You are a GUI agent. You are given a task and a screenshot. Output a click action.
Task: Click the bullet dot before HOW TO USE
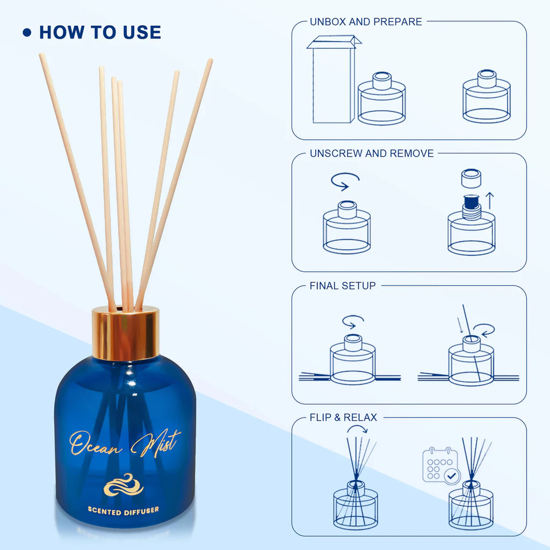pyautogui.click(x=27, y=33)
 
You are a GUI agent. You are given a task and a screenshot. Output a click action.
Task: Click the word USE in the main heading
pyautogui.click(x=142, y=32)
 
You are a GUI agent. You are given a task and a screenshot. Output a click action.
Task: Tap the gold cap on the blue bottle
pyautogui.click(x=126, y=334)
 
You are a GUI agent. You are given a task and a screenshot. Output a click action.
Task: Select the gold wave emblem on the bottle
pyautogui.click(x=124, y=485)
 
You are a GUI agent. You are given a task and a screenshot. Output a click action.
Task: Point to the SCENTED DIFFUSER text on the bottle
pyautogui.click(x=123, y=511)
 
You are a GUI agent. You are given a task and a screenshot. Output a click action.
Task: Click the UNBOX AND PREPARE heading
pyautogui.click(x=366, y=21)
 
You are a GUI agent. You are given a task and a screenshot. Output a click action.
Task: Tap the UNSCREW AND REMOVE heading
pyautogui.click(x=372, y=153)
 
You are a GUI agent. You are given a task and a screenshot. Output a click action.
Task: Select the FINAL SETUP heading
pyautogui.click(x=343, y=286)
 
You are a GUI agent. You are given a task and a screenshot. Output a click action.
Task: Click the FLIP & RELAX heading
pyautogui.click(x=343, y=417)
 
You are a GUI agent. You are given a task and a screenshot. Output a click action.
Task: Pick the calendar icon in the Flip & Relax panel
pyautogui.click(x=441, y=465)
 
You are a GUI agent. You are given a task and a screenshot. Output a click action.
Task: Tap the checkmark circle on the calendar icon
pyautogui.click(x=452, y=476)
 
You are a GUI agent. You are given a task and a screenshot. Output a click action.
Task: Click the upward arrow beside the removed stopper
pyautogui.click(x=490, y=201)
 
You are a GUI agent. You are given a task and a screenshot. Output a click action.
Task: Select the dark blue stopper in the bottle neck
pyautogui.click(x=471, y=202)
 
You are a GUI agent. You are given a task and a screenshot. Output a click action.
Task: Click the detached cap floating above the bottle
pyautogui.click(x=471, y=178)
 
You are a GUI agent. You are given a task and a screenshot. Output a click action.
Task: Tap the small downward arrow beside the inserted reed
pyautogui.click(x=460, y=325)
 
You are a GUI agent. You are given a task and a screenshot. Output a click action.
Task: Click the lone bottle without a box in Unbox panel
pyautogui.click(x=487, y=96)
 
